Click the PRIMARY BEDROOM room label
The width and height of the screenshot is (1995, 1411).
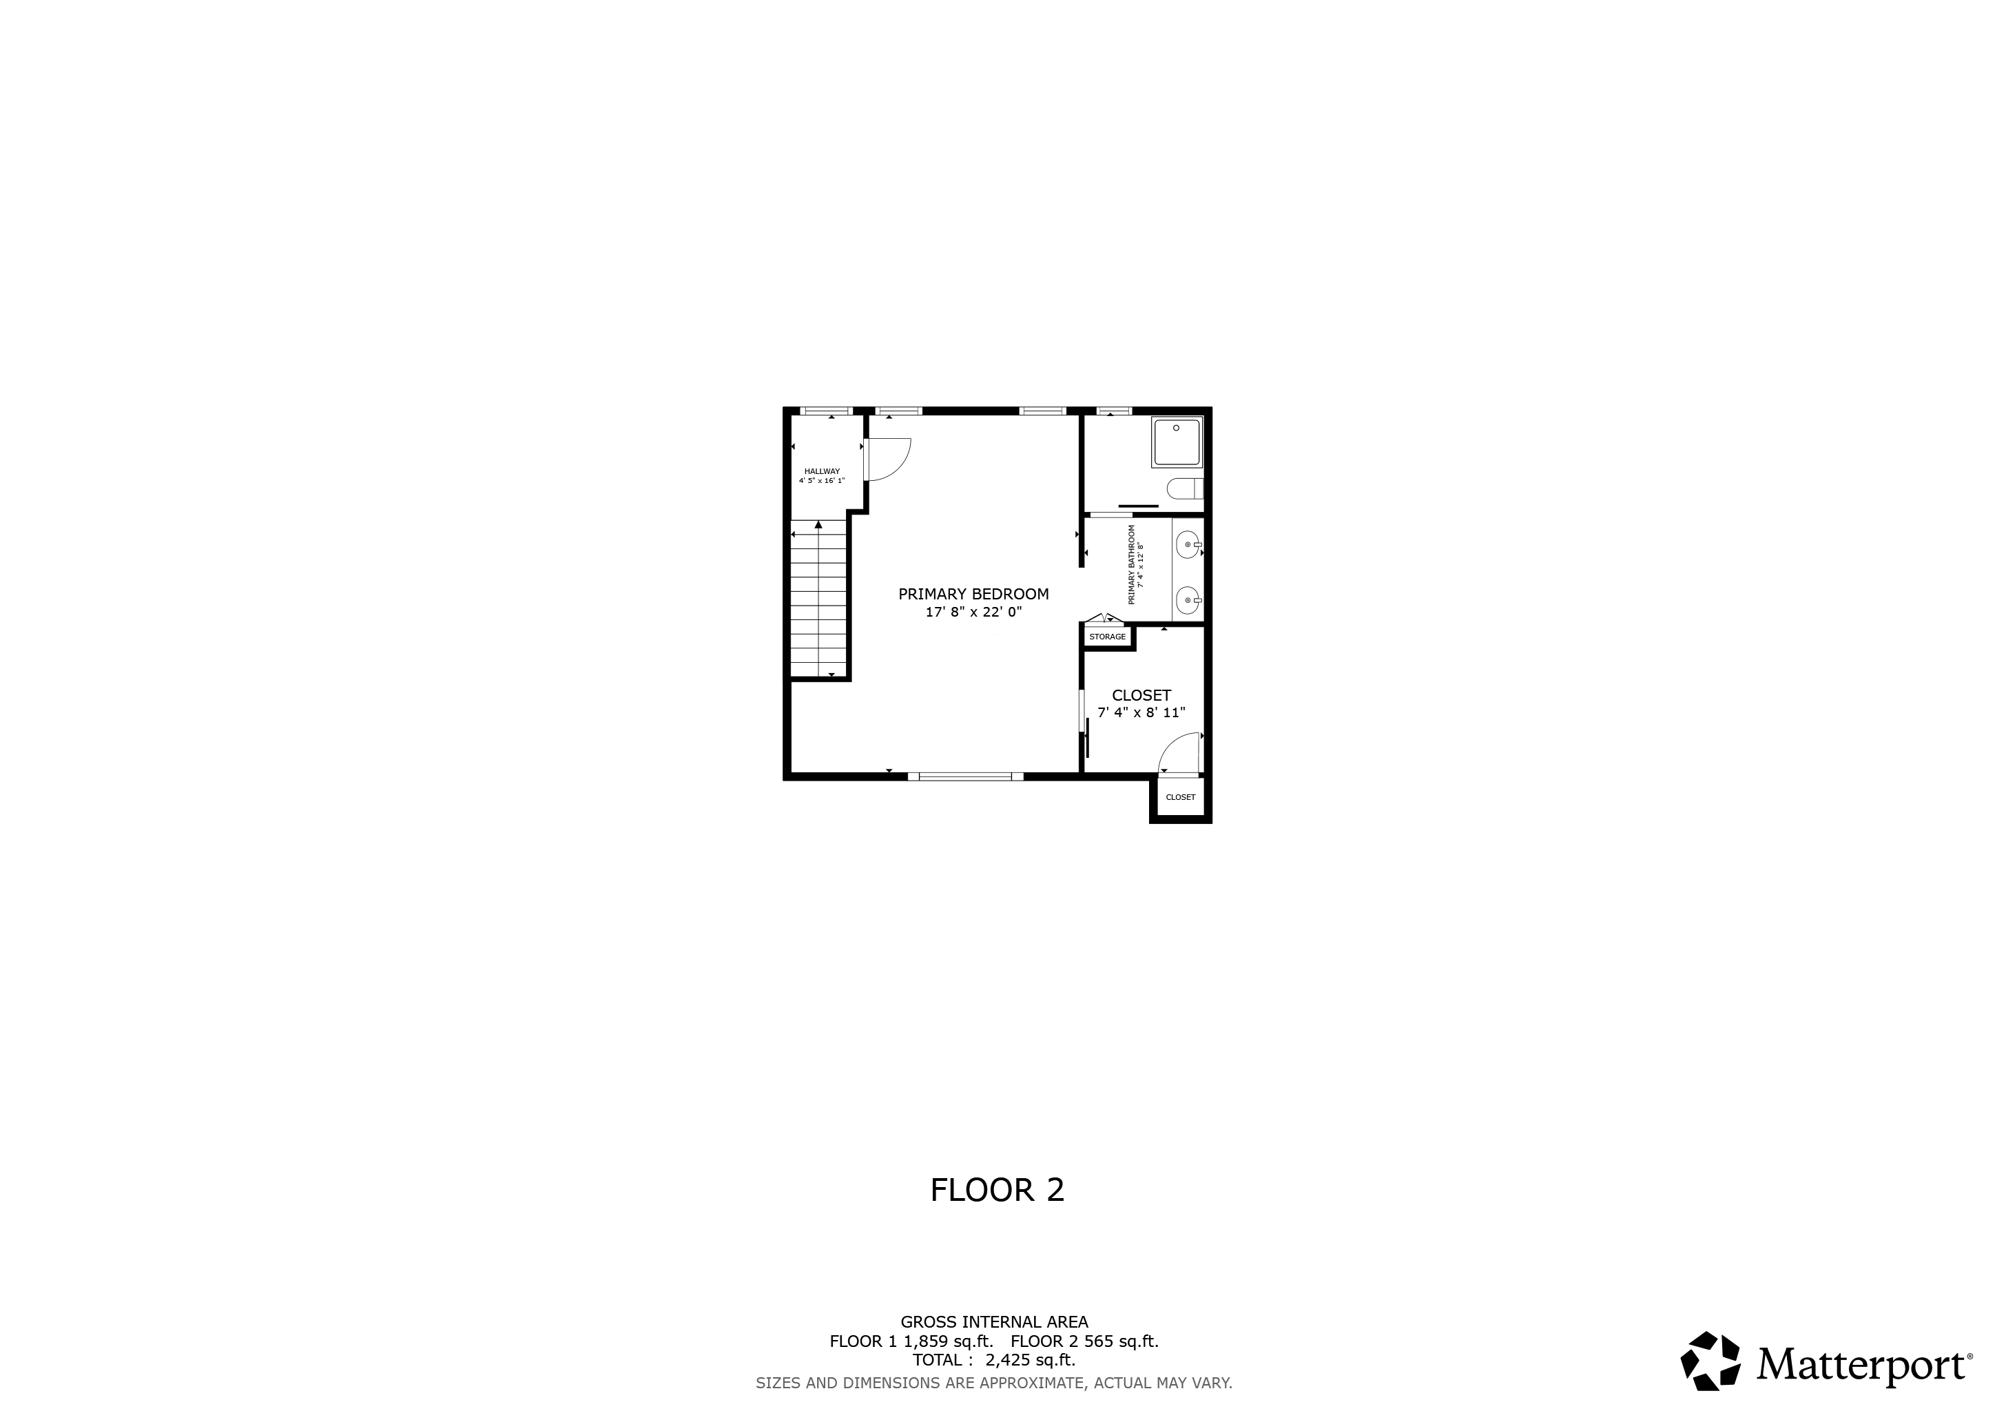973,595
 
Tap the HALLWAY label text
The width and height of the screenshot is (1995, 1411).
822,471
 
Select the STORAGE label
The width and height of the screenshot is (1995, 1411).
1107,637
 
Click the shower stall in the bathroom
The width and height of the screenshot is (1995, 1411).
1177,442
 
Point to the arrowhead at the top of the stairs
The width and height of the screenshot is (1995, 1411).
818,524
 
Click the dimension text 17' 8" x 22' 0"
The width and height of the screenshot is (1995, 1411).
973,612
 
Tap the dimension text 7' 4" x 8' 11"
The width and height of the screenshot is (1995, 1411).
1141,713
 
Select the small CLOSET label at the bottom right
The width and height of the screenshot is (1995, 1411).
1180,798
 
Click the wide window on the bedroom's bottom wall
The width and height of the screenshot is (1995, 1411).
965,776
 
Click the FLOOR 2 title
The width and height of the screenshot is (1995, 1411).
997,1191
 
